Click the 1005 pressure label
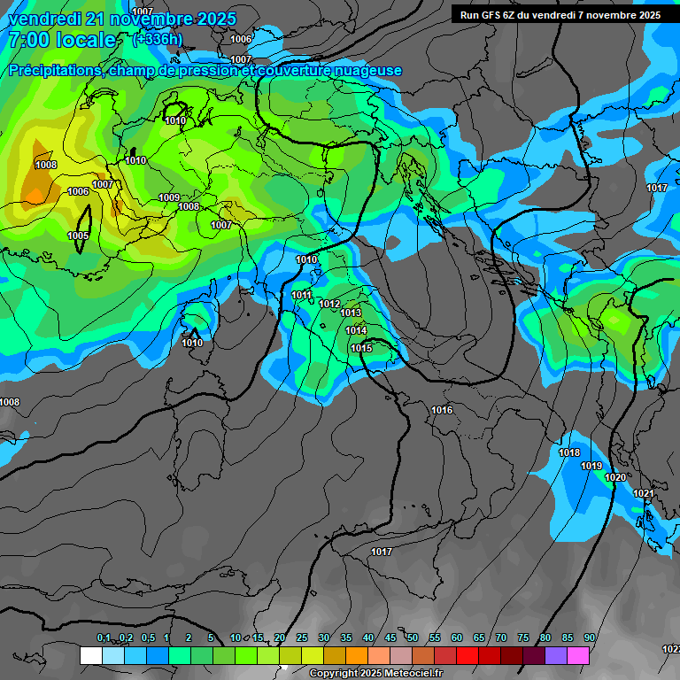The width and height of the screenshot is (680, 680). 78,236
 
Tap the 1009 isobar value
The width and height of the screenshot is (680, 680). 169,197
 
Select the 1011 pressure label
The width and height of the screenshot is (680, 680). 302,295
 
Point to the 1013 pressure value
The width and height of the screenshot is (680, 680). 351,313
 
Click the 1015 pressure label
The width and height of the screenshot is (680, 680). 360,348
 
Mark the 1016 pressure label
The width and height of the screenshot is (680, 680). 442,410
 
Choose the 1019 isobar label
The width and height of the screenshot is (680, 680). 591,466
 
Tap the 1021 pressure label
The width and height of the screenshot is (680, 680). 644,493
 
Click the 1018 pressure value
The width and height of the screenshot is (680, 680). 569,453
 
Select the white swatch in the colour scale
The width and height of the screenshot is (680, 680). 90,655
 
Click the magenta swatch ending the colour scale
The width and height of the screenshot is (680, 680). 578,655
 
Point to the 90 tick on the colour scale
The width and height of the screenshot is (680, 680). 589,637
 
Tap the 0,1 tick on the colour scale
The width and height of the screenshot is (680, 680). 104,637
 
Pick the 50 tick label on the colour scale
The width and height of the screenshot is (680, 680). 413,637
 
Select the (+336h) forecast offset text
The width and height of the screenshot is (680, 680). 158,39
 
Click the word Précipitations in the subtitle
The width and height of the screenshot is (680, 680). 54,71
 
